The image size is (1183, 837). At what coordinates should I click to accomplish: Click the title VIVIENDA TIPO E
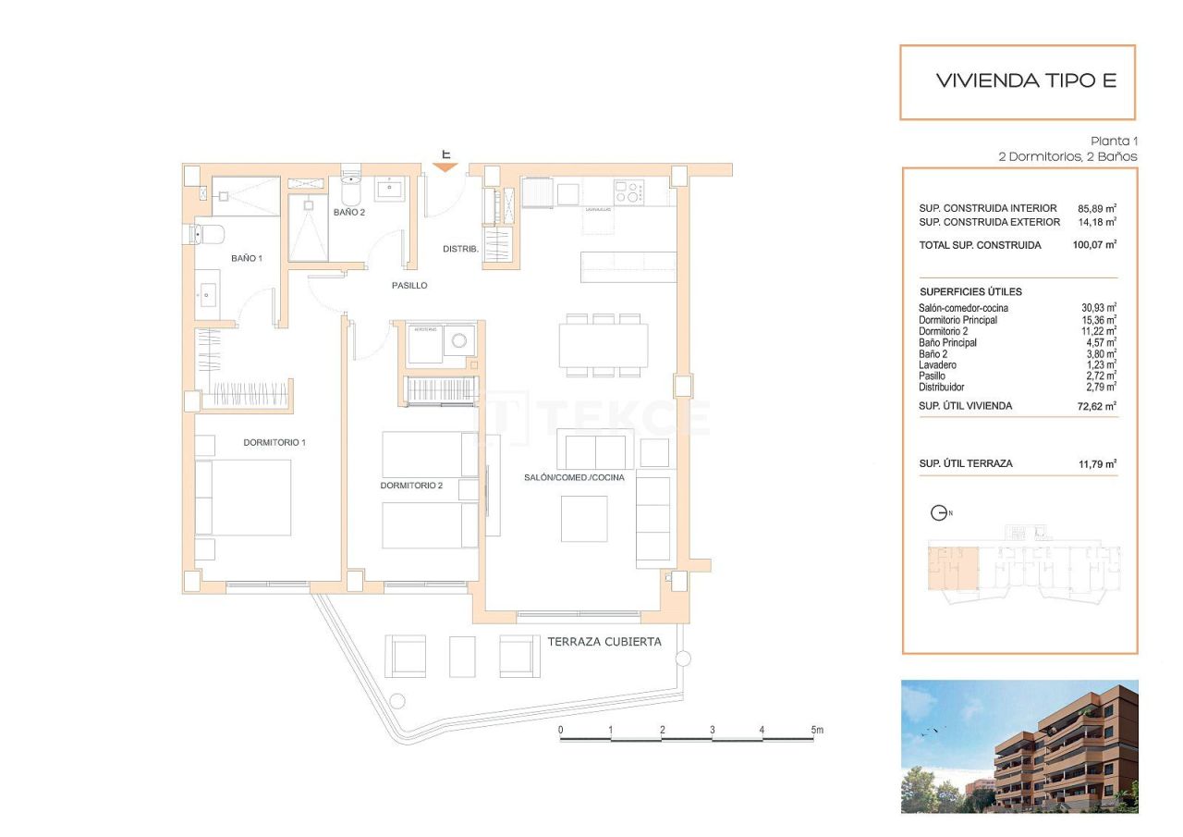click(1026, 80)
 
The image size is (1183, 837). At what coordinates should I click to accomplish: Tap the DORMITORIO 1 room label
click(274, 443)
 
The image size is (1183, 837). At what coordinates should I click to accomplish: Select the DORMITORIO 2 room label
click(411, 486)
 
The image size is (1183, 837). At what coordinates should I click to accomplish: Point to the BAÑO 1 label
click(247, 258)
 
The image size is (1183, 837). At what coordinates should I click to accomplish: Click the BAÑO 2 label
click(349, 213)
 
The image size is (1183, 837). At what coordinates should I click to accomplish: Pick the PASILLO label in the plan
click(409, 286)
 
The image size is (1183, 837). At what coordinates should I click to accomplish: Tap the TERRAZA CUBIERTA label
click(604, 642)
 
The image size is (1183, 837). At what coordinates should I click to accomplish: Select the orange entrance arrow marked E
click(445, 166)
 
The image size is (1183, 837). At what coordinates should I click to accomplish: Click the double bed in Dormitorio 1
click(243, 497)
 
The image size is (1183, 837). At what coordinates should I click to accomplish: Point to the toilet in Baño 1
click(202, 234)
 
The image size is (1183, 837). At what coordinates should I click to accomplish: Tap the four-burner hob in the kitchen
click(629, 192)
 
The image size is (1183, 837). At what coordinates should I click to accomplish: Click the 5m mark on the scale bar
click(815, 731)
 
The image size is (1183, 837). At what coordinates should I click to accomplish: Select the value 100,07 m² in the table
click(1096, 245)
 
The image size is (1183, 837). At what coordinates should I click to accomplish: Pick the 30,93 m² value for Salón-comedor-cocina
click(1098, 308)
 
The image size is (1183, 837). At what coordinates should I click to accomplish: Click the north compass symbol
click(940, 513)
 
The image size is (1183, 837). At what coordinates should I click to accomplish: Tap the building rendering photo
click(1019, 746)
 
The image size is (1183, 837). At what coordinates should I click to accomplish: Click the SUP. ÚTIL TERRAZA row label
click(965, 463)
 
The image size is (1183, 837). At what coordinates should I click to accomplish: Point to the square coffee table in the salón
click(584, 519)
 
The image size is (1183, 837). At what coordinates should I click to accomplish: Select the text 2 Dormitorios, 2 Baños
click(1067, 157)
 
